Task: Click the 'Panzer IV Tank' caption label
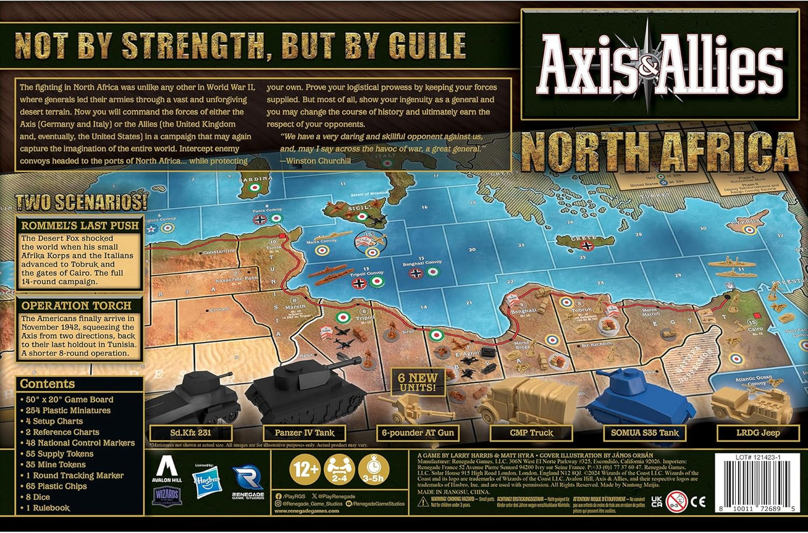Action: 305,432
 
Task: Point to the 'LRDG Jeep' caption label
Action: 758,432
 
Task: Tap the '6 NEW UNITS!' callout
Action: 417,382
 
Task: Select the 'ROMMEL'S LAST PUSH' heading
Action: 80,226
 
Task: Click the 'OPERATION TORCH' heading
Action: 77,306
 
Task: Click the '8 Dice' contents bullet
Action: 38,497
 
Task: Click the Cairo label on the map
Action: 755,330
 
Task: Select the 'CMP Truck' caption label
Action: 531,432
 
